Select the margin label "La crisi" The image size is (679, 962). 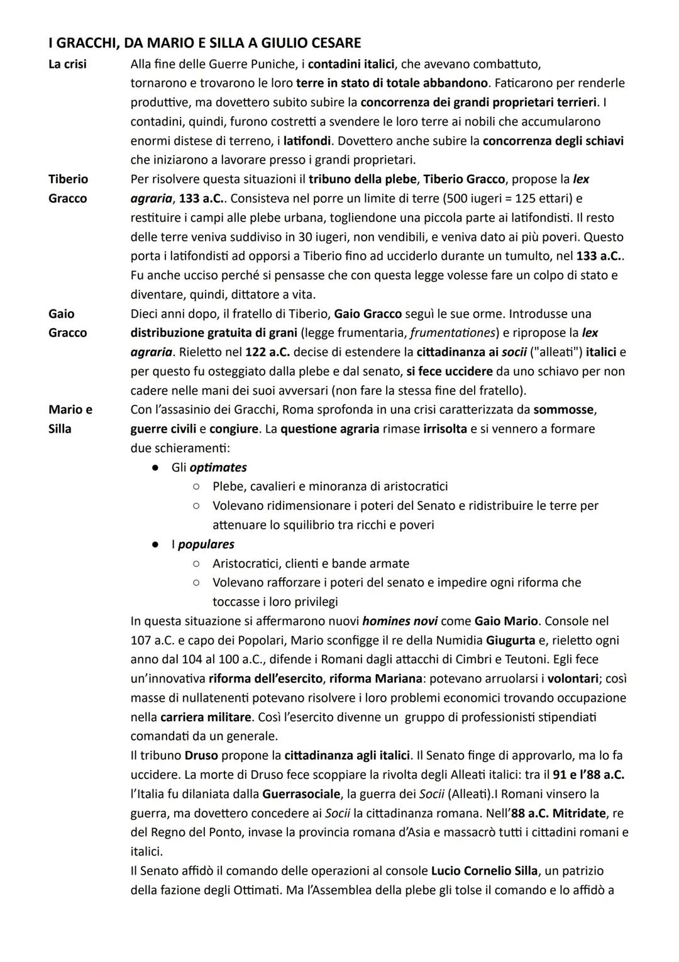[x=68, y=64]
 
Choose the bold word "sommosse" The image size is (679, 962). [x=564, y=410]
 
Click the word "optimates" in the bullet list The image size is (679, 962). [x=218, y=468]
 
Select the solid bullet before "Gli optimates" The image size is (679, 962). [x=154, y=468]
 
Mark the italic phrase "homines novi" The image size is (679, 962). [x=400, y=621]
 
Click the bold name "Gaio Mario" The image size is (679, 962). [x=506, y=621]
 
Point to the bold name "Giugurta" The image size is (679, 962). [x=513, y=641]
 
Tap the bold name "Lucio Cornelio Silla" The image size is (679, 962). [x=484, y=871]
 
